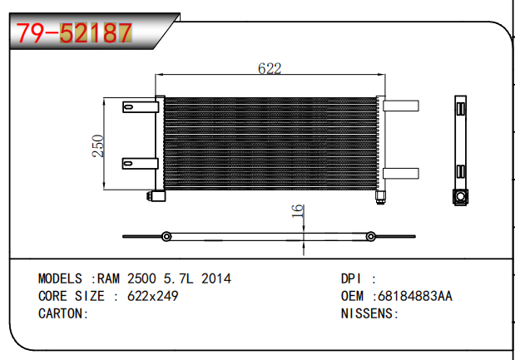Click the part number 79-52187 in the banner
(74, 32)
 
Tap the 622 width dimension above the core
(270, 68)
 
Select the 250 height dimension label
(98, 146)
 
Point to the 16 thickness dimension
(297, 210)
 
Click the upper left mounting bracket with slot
(141, 107)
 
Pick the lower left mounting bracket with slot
(141, 164)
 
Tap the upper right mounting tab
(401, 106)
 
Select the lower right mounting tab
(401, 174)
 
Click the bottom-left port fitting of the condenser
(156, 196)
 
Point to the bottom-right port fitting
(381, 197)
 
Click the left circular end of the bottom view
(166, 236)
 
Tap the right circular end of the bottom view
(371, 236)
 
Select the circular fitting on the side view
(460, 196)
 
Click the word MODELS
(60, 279)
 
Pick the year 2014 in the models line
(216, 279)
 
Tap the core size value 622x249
(153, 296)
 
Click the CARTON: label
(63, 313)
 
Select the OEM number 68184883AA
(415, 296)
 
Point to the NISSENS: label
(370, 313)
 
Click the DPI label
(351, 279)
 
